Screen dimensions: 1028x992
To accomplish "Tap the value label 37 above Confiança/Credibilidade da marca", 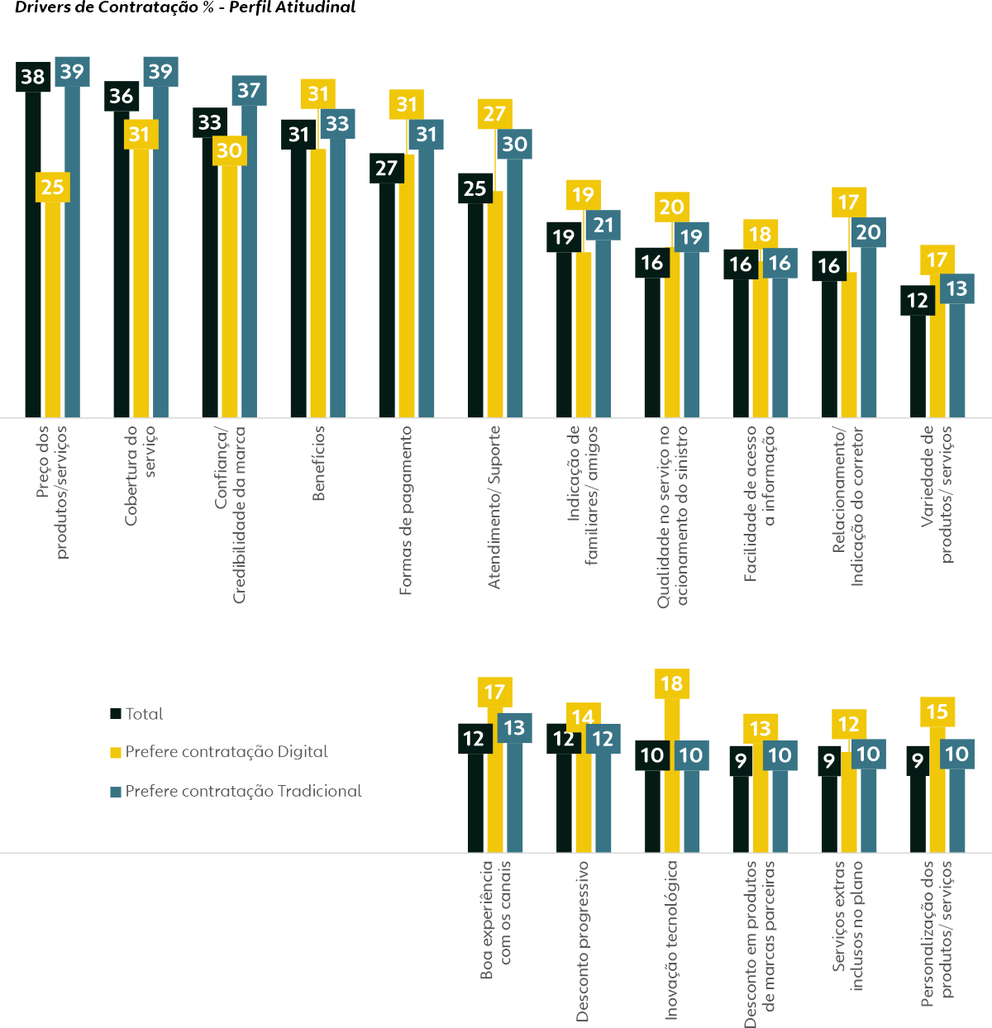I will (249, 90).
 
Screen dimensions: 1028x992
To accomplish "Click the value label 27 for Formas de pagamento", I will (386, 168).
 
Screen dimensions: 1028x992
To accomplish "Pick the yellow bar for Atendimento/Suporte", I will (494, 306).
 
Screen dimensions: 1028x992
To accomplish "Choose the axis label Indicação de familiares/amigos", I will (583, 494).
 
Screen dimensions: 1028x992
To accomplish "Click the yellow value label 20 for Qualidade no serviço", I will (671, 207).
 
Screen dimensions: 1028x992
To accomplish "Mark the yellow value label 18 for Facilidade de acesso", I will (760, 235).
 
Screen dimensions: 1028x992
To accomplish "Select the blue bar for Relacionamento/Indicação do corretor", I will (868, 331).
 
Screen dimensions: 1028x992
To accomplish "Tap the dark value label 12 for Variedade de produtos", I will (918, 300).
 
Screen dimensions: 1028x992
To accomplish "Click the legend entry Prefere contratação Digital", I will (226, 752).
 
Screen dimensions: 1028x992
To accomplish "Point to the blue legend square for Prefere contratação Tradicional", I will (116, 792).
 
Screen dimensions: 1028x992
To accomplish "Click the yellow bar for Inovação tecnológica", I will (671, 777).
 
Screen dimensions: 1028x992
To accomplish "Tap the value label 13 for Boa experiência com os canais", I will (514, 728).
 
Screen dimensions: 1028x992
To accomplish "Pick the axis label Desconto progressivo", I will (583, 940).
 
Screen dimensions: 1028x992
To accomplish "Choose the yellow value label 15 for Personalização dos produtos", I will (937, 712).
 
